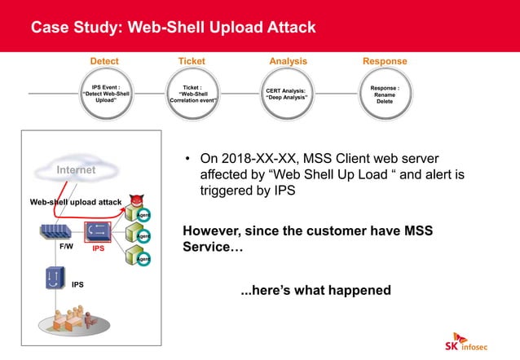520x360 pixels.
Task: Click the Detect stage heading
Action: tap(104, 61)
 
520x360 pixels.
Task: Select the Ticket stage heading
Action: tap(192, 61)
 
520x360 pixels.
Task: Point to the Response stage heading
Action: tap(385, 61)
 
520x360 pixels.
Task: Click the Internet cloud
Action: tap(66, 169)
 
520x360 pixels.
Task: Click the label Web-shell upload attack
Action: tap(75, 201)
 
